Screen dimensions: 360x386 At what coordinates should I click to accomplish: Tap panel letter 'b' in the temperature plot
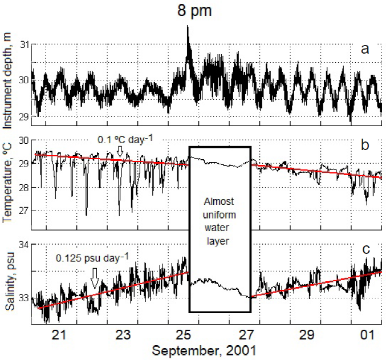point(365,145)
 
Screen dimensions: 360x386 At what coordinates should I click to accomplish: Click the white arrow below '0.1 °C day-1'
point(120,151)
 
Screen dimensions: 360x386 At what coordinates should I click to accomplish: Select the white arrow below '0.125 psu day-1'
point(95,277)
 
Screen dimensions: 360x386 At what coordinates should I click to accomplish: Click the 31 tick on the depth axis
point(23,44)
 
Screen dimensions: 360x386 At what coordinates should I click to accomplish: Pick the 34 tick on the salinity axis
point(23,246)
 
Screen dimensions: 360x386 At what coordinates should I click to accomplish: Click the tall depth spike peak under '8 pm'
point(188,27)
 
